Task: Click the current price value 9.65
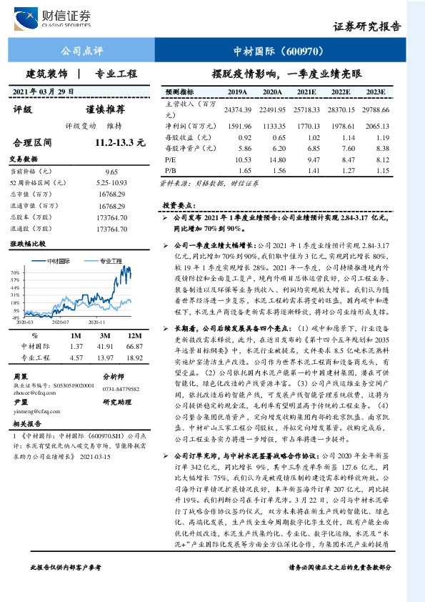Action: [x=111, y=172]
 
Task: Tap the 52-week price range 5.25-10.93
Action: [x=111, y=183]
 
